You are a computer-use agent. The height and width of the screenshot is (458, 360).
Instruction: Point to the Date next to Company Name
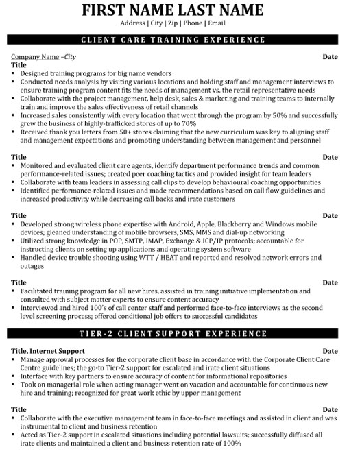click(x=331, y=56)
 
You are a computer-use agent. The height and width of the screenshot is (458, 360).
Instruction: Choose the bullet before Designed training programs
click(x=14, y=72)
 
